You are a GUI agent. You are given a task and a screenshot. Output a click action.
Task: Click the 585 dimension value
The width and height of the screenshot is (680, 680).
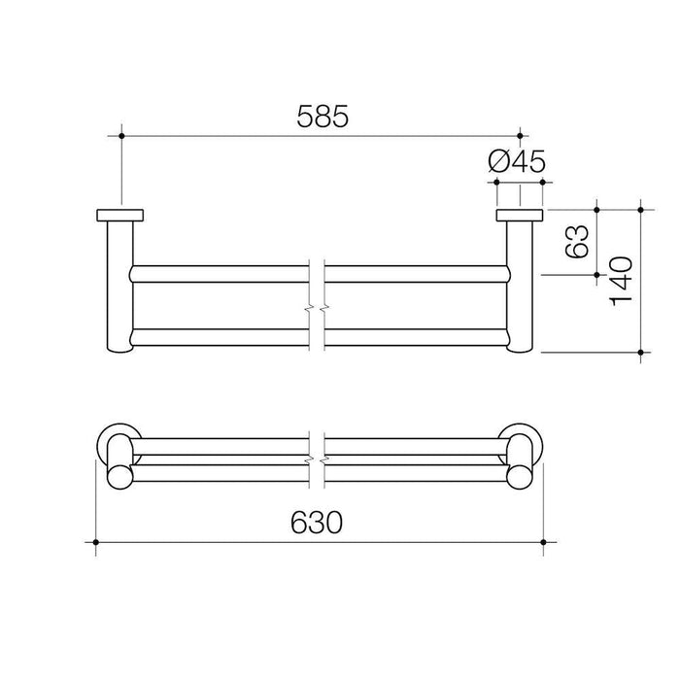coord(321,116)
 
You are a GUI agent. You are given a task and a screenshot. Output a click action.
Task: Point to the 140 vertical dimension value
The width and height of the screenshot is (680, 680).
coord(622,280)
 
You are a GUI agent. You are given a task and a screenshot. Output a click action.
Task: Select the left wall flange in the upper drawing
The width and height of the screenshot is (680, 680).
coord(120,216)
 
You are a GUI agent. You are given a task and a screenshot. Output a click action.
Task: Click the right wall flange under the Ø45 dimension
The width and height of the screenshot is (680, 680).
coord(520,216)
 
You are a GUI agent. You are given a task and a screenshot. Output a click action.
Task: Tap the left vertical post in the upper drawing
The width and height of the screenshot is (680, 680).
coord(119,287)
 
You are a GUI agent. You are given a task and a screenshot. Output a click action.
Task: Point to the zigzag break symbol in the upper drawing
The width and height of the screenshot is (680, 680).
coord(317,309)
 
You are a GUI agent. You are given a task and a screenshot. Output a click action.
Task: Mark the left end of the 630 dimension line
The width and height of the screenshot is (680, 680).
coord(95,541)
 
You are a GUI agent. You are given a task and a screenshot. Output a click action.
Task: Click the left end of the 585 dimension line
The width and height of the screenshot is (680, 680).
coord(121,136)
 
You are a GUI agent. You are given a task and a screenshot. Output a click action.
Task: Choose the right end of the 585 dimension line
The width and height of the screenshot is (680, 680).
coord(520,136)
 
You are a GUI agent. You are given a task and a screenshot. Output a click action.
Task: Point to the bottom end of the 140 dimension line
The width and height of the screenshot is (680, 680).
coord(640,352)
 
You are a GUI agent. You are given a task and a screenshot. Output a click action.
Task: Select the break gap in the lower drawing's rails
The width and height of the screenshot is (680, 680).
coord(317,452)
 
